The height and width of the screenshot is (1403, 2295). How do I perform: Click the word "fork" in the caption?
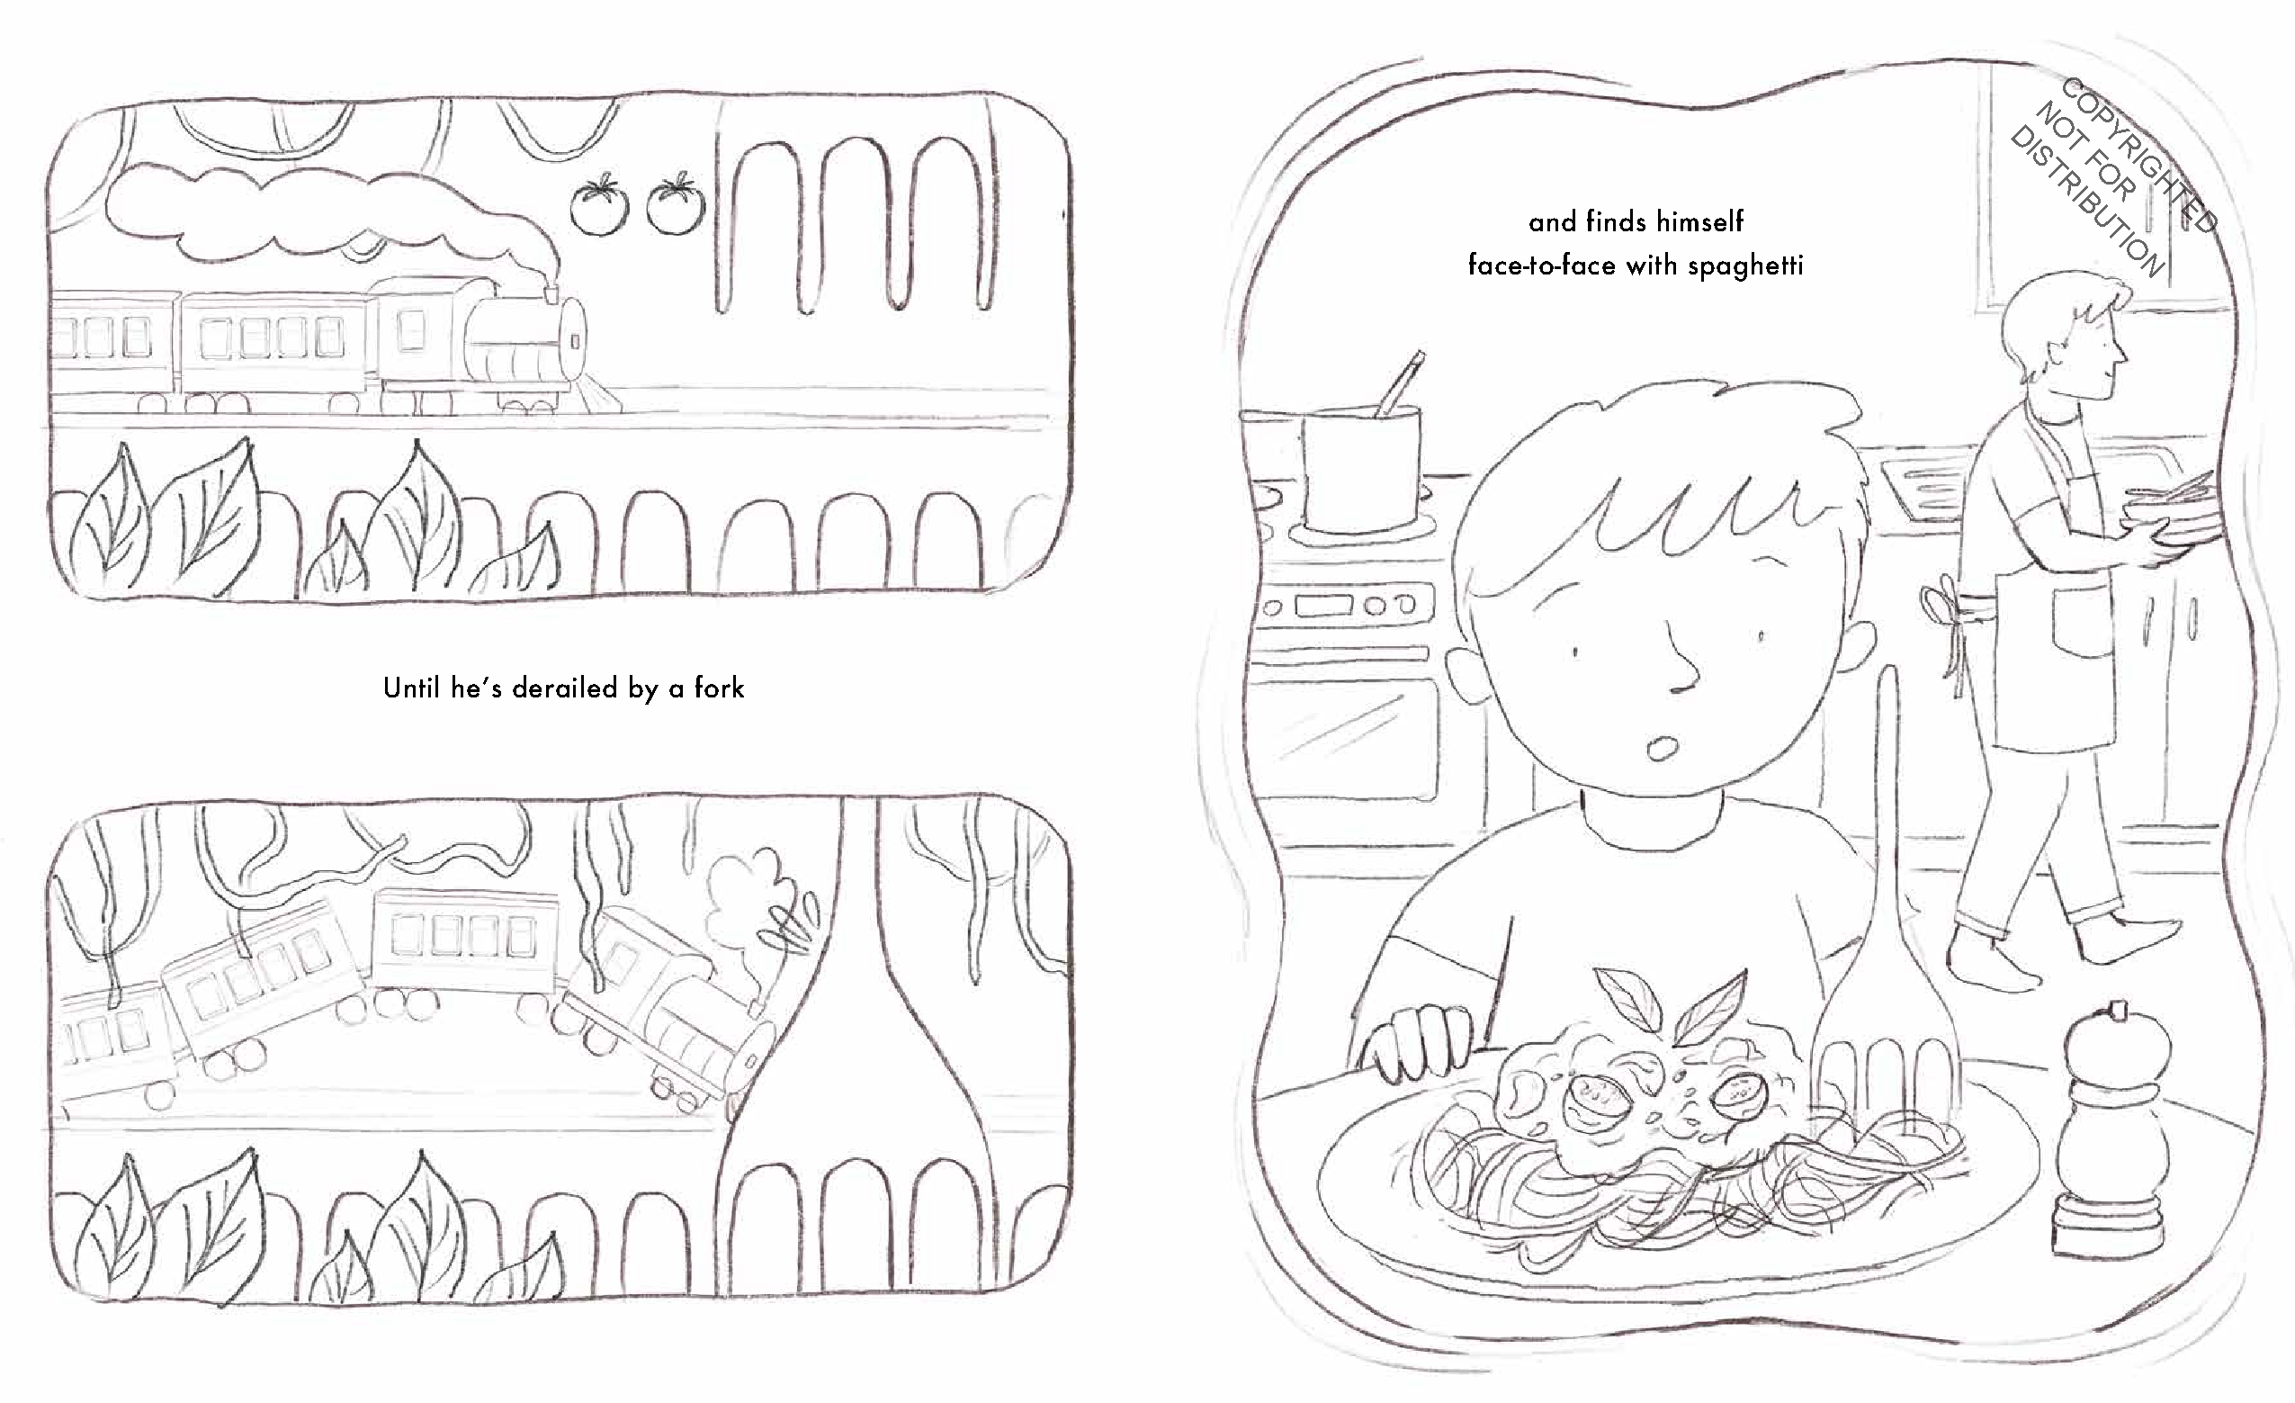[719, 688]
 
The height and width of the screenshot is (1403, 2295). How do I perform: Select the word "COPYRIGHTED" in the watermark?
[2138, 156]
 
